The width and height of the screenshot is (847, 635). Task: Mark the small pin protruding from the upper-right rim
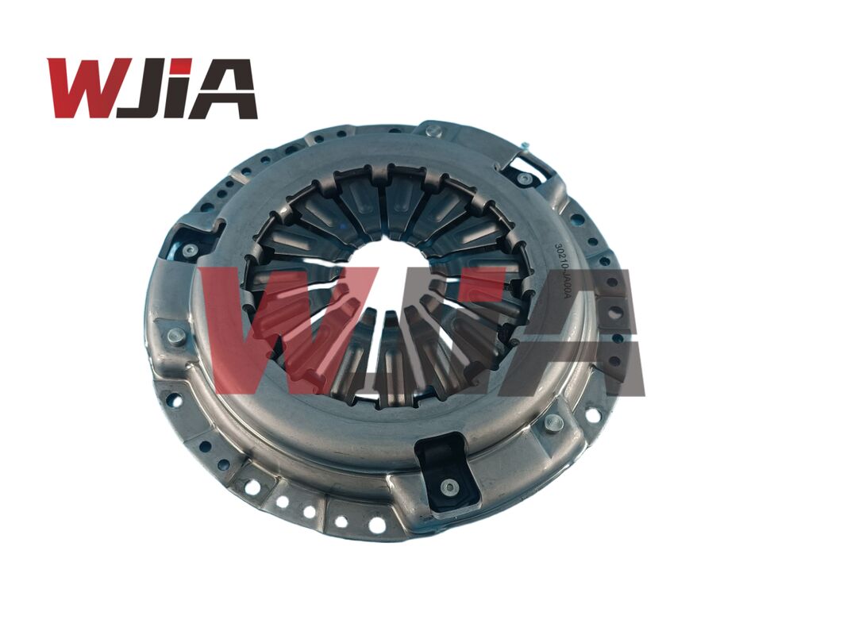pyautogui.click(x=524, y=144)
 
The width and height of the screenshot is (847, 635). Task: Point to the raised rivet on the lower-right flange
pyautogui.click(x=554, y=423)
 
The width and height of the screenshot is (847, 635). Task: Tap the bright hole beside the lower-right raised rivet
pyautogui.click(x=591, y=414)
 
